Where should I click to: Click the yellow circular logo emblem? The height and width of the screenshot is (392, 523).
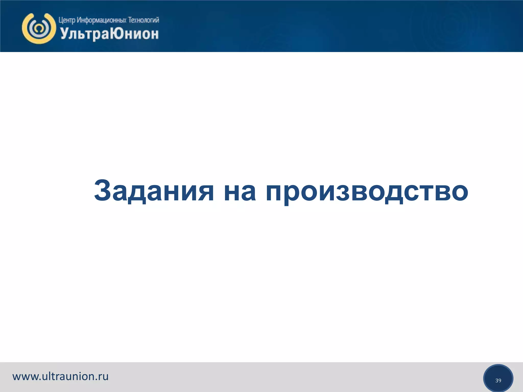click(39, 28)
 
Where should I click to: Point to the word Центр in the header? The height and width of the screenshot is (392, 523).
click(67, 20)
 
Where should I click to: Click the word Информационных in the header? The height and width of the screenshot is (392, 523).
click(102, 20)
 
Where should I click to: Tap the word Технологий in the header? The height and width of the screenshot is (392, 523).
click(144, 20)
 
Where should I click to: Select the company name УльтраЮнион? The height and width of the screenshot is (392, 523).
click(109, 34)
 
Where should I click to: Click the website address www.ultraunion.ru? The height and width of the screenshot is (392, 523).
click(61, 376)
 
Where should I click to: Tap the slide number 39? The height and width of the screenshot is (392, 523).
click(498, 381)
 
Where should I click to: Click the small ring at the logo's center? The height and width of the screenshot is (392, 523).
click(39, 28)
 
